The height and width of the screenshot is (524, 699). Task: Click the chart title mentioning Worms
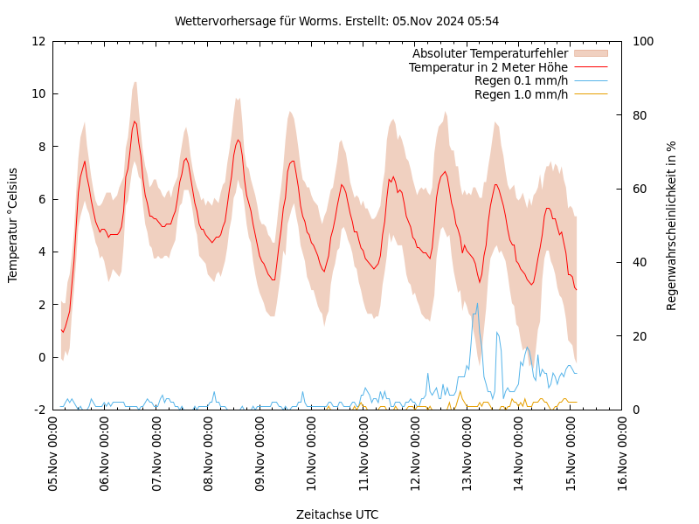coord(336,21)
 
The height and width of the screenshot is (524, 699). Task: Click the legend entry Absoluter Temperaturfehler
coord(489,53)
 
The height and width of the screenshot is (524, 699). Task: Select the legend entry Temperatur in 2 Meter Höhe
coord(488,67)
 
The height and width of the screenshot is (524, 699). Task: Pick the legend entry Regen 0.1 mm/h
coord(521,80)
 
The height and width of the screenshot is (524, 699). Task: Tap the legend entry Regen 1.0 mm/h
coord(521,94)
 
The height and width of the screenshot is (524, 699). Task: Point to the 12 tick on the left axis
coord(38,41)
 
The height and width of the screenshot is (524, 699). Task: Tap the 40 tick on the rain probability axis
coord(638,262)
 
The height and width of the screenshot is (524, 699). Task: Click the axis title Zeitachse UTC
coord(336,514)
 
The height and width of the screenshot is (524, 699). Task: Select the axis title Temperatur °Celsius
coord(13,225)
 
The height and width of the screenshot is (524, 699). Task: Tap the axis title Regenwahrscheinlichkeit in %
coord(672,225)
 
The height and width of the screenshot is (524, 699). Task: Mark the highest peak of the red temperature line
coord(135,121)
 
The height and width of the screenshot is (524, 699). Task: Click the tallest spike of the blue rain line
coord(477,303)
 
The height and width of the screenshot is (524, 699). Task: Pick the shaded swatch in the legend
coord(590,53)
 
